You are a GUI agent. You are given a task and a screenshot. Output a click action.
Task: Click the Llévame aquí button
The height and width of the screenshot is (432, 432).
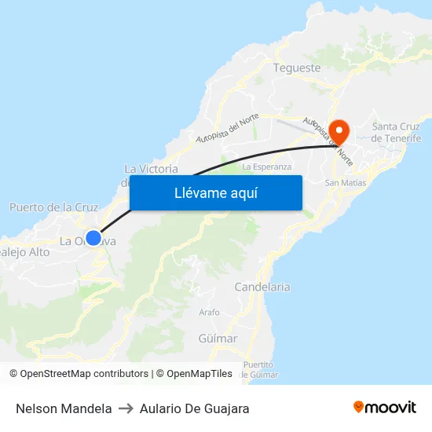click(215, 192)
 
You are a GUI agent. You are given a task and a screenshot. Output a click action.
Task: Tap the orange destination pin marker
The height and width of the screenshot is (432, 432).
click(339, 130)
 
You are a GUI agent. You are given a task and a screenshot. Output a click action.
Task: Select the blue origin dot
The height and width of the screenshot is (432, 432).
click(93, 237)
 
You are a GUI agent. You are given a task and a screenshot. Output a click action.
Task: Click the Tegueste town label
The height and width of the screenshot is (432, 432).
click(297, 68)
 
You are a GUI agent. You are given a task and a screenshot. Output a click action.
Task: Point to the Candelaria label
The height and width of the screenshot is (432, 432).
click(262, 287)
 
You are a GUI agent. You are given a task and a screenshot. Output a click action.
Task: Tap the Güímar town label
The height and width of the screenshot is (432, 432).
click(218, 339)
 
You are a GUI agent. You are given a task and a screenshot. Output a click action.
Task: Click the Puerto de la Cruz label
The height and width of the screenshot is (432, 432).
click(53, 207)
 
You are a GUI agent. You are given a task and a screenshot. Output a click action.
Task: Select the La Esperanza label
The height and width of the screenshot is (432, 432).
click(267, 167)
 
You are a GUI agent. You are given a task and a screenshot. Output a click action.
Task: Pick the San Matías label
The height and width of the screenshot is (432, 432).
click(346, 182)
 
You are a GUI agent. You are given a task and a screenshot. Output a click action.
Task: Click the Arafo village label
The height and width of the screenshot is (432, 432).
click(210, 312)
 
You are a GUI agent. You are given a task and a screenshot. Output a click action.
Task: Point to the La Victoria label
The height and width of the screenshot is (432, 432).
click(151, 169)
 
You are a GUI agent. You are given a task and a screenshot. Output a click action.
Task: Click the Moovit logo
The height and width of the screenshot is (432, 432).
click(385, 408)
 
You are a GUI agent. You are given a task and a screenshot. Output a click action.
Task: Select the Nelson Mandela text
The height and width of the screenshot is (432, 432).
click(64, 408)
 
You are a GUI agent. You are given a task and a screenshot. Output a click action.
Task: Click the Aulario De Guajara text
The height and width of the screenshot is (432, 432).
click(195, 408)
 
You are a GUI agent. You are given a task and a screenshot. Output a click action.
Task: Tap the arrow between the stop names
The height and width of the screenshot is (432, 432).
click(126, 408)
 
